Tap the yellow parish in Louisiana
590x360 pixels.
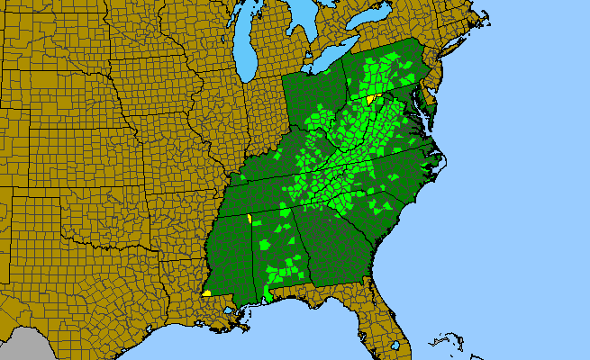point(207,292)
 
